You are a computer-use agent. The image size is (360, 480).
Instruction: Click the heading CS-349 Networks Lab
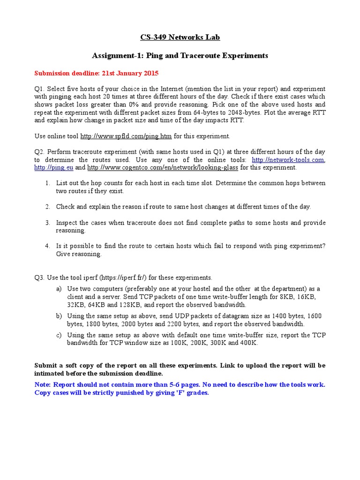pyautogui.click(x=180, y=37)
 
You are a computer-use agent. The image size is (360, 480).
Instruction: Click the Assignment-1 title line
pyautogui.click(x=180, y=55)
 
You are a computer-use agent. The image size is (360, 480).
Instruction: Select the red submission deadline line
pyautogui.click(x=97, y=73)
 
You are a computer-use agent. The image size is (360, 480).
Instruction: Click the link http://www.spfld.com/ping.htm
pyautogui.click(x=126, y=136)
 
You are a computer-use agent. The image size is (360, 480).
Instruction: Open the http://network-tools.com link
pyautogui.click(x=288, y=160)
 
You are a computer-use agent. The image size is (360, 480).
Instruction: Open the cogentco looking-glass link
pyautogui.click(x=163, y=167)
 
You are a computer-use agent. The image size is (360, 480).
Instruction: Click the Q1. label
pyautogui.click(x=39, y=89)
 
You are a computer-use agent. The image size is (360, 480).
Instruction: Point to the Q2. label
pyautogui.click(x=39, y=152)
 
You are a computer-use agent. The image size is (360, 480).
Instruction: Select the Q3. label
pyautogui.click(x=39, y=277)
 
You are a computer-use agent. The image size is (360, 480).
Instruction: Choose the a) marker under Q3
pyautogui.click(x=59, y=289)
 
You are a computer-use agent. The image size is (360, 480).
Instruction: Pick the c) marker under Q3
pyautogui.click(x=59, y=335)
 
